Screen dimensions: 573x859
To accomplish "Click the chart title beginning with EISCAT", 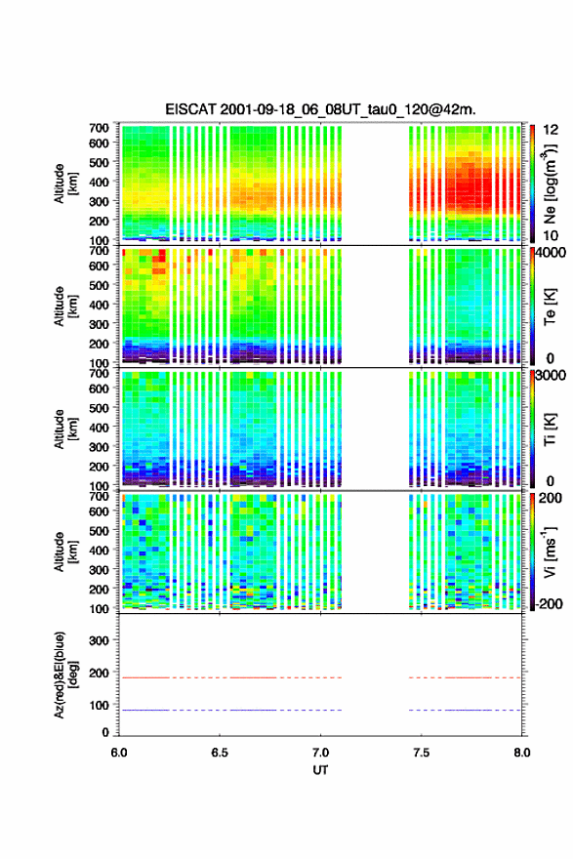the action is click(320, 109).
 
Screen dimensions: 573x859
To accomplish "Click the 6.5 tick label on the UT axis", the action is click(220, 753).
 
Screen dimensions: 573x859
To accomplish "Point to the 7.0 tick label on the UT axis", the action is click(320, 753).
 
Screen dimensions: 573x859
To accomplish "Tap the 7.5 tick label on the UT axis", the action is click(422, 753).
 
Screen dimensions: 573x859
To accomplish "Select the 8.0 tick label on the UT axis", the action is click(522, 753).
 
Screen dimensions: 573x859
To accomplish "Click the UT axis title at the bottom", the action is click(320, 770).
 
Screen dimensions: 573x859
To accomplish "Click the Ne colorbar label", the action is click(550, 184).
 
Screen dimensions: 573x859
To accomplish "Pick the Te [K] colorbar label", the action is click(550, 307).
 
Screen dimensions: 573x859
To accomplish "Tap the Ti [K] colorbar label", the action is click(550, 429).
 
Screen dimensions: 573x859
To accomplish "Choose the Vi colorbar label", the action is click(550, 552).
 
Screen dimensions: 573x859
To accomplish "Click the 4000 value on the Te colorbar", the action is click(551, 253).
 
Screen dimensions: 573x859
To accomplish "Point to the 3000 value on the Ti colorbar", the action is click(551, 375).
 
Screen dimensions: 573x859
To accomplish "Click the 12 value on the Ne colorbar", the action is click(551, 130).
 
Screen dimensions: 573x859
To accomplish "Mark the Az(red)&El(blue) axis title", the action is click(64, 675).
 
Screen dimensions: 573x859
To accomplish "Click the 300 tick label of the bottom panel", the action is click(99, 640).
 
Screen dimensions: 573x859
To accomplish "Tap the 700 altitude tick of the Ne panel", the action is click(99, 128).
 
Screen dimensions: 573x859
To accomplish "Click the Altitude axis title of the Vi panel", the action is click(64, 552).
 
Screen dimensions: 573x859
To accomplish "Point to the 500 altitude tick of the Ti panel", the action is click(99, 408).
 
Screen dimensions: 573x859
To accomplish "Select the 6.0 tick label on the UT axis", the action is click(119, 753).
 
